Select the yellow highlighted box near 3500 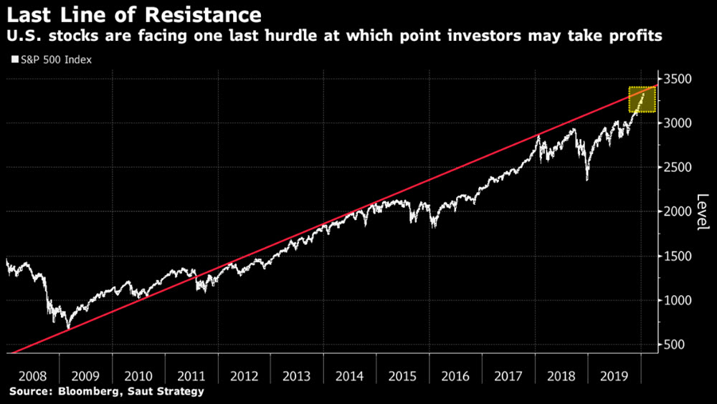coord(642,100)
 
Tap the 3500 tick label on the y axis coord(678,79)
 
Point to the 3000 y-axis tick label coord(678,123)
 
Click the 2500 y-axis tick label coord(678,168)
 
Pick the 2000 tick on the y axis coord(678,212)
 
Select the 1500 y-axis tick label coord(678,256)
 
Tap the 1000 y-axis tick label coord(678,301)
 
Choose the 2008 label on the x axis coord(32,375)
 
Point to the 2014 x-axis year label coord(349,375)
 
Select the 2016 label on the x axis coord(455,375)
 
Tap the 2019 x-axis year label coord(614,375)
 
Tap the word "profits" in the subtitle coord(636,36)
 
